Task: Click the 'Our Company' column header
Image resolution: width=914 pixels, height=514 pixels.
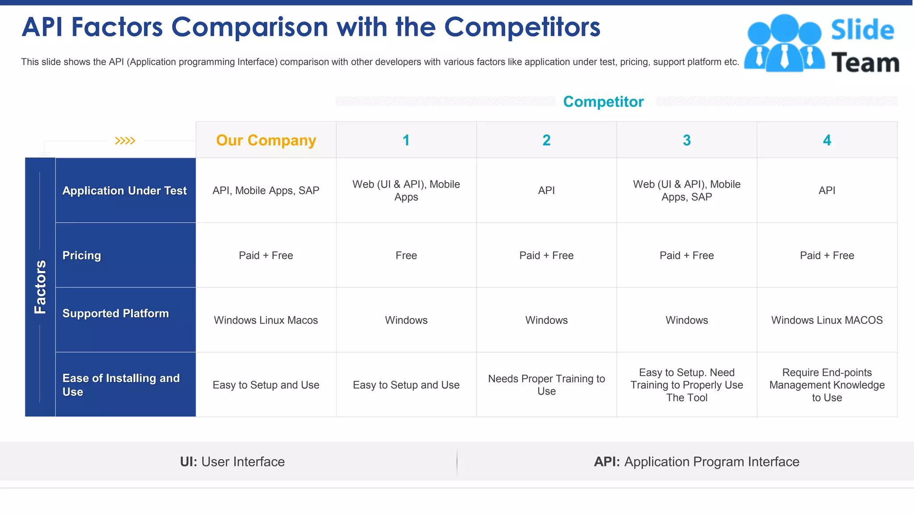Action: click(266, 140)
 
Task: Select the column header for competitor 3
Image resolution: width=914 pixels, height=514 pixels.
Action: click(686, 140)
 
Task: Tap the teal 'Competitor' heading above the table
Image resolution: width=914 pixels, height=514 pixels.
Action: click(603, 102)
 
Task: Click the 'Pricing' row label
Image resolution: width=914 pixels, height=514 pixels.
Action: click(82, 255)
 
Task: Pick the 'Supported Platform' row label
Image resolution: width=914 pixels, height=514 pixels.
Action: click(116, 313)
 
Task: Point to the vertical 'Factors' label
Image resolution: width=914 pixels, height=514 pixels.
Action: click(40, 287)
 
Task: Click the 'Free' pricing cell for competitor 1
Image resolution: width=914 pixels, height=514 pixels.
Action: click(406, 255)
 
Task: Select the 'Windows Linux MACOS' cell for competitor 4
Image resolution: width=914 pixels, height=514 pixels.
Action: click(827, 320)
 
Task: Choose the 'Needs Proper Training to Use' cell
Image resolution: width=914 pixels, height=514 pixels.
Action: click(546, 385)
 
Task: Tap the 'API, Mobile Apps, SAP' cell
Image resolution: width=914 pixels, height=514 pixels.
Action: click(266, 191)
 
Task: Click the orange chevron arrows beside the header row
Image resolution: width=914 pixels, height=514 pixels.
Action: click(125, 141)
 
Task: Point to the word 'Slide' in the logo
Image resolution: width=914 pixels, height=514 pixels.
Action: click(862, 30)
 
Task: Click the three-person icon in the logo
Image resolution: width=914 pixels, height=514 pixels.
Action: click(784, 44)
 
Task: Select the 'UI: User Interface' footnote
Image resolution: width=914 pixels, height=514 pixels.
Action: click(232, 461)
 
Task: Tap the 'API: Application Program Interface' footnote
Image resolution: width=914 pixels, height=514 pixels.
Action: click(696, 461)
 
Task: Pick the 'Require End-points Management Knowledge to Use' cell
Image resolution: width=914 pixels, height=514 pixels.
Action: click(827, 385)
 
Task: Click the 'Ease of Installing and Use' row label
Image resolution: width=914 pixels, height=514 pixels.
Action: click(120, 385)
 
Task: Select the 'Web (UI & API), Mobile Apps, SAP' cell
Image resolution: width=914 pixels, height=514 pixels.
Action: click(686, 191)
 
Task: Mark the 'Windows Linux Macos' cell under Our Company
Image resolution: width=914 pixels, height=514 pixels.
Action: click(266, 320)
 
